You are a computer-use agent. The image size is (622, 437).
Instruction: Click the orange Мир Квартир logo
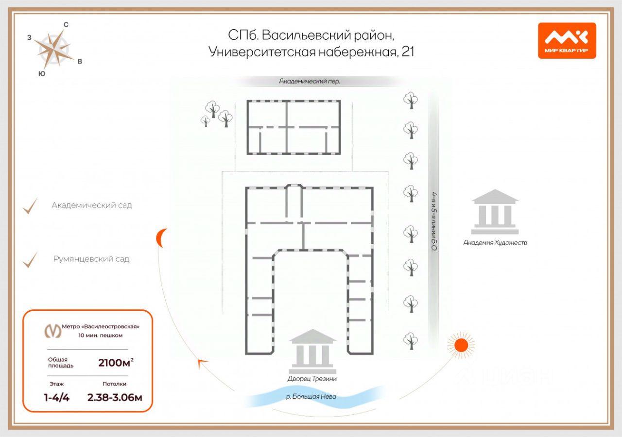click(x=567, y=40)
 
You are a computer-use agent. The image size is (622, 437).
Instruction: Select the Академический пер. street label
click(x=309, y=82)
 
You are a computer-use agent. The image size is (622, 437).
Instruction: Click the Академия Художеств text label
click(x=495, y=242)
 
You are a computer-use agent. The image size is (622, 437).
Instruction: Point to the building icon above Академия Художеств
click(x=495, y=212)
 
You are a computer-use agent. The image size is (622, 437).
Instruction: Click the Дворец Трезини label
click(x=311, y=378)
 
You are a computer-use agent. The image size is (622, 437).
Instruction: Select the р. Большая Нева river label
click(x=311, y=396)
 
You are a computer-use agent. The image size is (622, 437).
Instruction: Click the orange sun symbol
click(x=460, y=345)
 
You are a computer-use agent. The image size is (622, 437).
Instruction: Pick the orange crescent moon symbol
click(x=161, y=238)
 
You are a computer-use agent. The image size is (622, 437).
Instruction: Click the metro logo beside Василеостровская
click(x=53, y=330)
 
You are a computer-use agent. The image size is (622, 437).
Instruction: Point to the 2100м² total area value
click(x=116, y=362)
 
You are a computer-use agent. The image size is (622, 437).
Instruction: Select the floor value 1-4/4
click(x=56, y=398)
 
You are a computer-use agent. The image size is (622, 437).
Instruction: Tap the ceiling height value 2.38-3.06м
click(x=115, y=398)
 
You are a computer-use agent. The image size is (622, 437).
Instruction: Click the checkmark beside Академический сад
click(x=30, y=206)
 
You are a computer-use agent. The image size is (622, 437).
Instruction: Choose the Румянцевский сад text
click(x=91, y=259)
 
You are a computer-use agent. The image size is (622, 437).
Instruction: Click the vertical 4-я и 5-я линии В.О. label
click(x=434, y=221)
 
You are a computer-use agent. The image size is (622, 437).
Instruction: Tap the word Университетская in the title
click(x=262, y=51)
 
